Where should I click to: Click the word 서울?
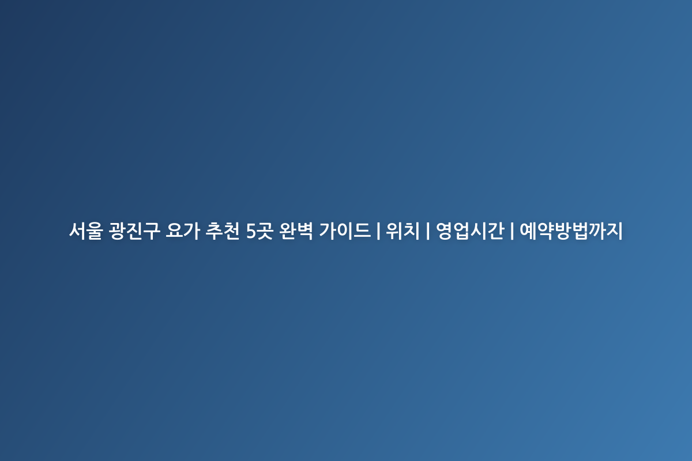tap(86, 231)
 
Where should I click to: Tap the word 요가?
tap(183, 231)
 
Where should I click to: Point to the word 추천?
tap(223, 231)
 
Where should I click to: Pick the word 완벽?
tap(296, 231)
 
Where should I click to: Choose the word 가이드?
tap(345, 231)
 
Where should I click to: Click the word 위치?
tap(403, 231)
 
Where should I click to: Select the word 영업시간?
tap(470, 231)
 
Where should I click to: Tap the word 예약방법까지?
tap(571, 231)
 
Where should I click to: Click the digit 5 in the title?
tap(251, 231)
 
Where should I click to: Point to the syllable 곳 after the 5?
tap(265, 231)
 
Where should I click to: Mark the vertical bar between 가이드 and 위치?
tap(378, 231)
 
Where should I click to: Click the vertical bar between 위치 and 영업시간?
tap(428, 231)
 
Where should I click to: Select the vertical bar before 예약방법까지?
tap(512, 231)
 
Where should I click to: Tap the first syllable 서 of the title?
tap(77, 231)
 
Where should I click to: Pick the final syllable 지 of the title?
tap(615, 231)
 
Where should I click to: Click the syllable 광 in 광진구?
tap(118, 231)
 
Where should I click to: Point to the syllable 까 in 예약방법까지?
tap(597, 231)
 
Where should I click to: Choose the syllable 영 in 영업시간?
tap(444, 231)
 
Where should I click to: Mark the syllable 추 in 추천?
tap(214, 231)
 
